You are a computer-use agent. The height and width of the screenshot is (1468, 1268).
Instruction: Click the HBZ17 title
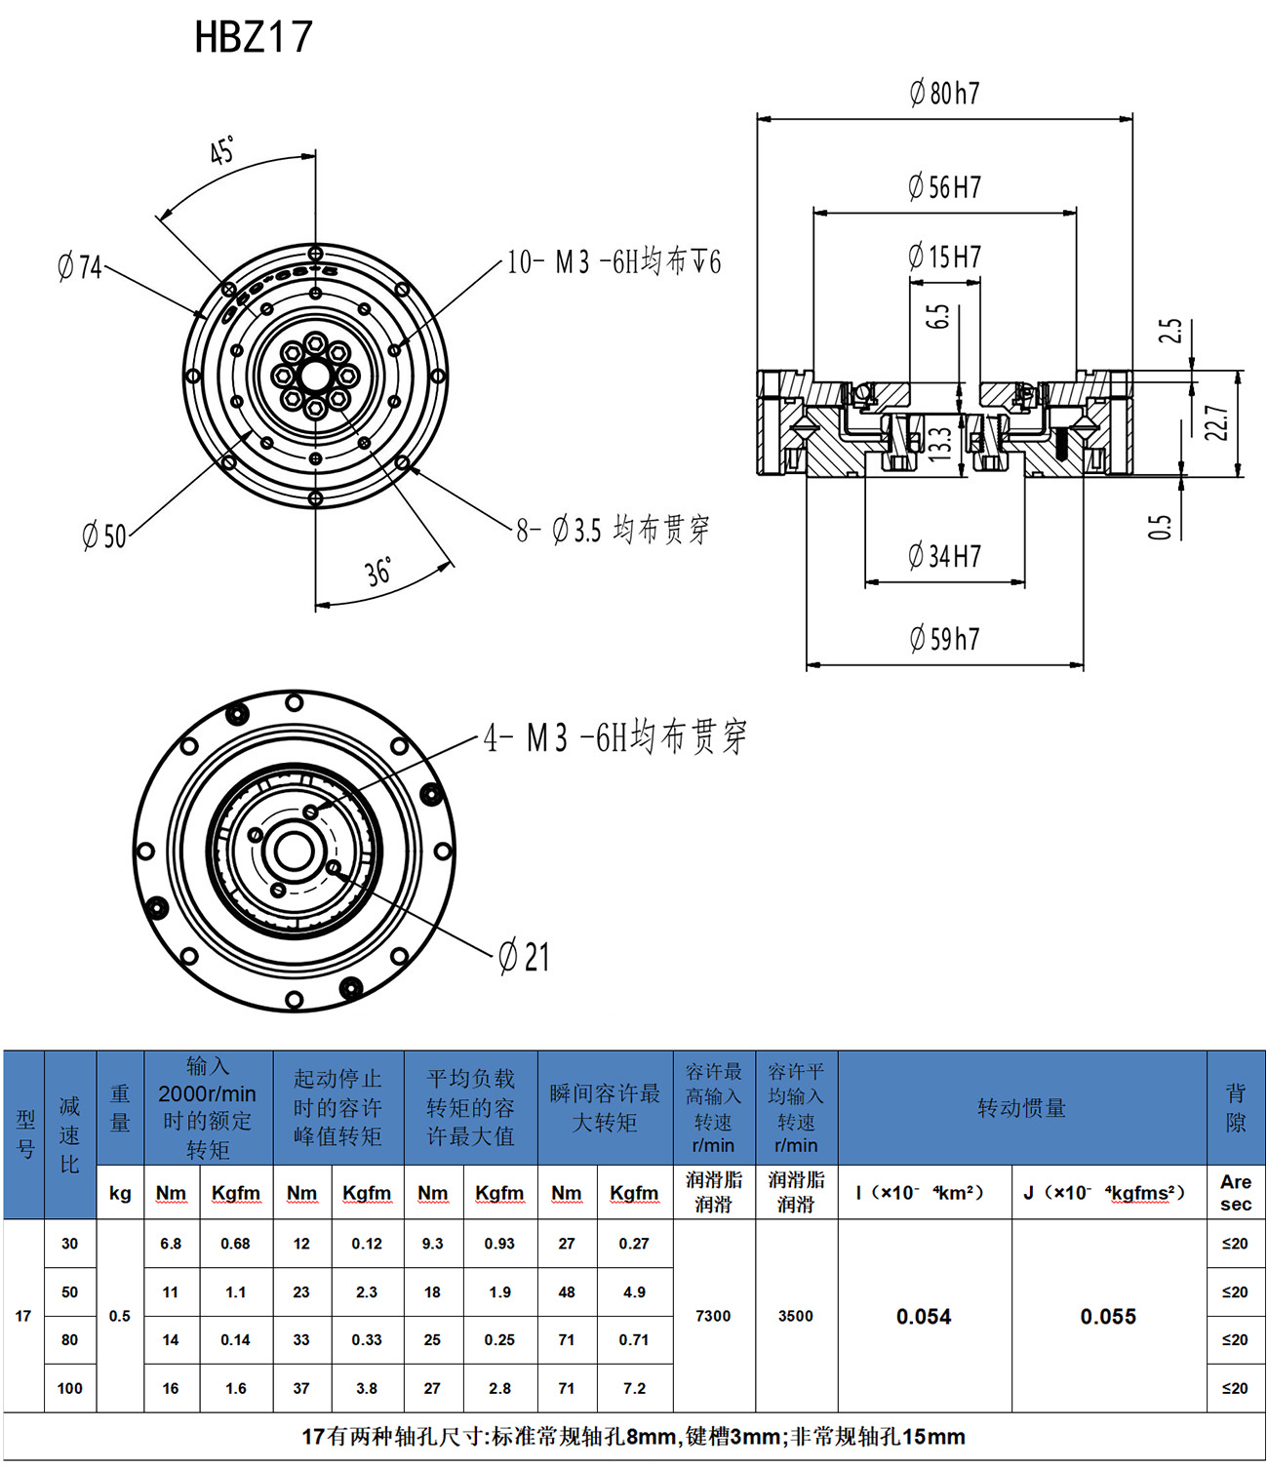pos(254,37)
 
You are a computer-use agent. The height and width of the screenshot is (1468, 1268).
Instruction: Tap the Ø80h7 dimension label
pos(944,94)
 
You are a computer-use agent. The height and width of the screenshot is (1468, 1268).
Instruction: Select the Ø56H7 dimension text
pos(944,187)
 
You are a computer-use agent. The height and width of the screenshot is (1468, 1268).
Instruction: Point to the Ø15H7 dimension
pos(944,258)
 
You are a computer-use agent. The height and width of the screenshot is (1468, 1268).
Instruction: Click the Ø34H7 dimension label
pos(944,557)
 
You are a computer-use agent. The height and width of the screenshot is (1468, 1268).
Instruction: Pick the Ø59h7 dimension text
pos(944,640)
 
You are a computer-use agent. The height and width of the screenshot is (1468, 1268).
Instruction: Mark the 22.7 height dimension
pos(1216,422)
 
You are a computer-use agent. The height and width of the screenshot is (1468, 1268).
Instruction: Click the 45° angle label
pos(222,151)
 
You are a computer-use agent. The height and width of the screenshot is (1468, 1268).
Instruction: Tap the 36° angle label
pos(378,572)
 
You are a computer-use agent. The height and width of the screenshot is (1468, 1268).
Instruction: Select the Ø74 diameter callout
pos(80,266)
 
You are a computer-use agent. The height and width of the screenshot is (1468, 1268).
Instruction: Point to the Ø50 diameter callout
pos(104,536)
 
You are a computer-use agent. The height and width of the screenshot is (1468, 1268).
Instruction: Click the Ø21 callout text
pos(524,957)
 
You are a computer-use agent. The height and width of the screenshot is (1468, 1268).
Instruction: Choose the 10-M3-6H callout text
pos(614,262)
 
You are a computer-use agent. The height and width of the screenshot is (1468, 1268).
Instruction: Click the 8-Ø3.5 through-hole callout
pos(613,531)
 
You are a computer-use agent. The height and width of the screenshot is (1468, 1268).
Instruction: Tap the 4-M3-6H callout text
pos(615,737)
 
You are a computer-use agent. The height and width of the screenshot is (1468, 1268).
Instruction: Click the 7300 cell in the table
pos(713,1316)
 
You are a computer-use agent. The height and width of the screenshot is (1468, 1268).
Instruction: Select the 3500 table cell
pos(796,1316)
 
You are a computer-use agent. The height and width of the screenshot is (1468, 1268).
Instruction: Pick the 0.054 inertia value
pos(924,1317)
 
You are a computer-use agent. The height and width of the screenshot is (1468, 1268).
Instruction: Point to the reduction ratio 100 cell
pos(70,1388)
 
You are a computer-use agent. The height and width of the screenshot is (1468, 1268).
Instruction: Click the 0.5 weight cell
pos(120,1316)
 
